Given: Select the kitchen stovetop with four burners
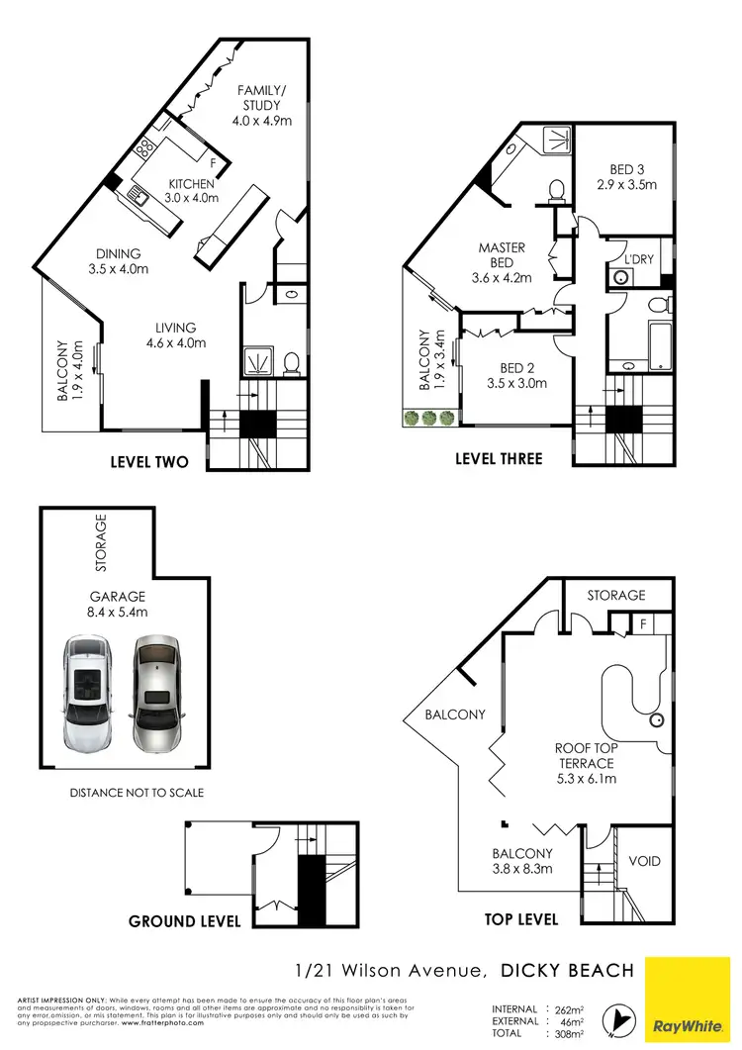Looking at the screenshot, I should pyautogui.click(x=145, y=148).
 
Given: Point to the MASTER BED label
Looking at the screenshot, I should pyautogui.click(x=502, y=262).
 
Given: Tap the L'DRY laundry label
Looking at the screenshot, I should pyautogui.click(x=638, y=259).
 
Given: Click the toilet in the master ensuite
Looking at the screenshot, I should pyautogui.click(x=556, y=188).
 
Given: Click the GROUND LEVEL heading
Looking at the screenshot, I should pyautogui.click(x=184, y=921).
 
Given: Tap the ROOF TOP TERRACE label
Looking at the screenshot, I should pyautogui.click(x=584, y=764).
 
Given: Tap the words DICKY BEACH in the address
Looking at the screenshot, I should pyautogui.click(x=567, y=971).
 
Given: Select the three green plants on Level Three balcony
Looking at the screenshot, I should pyautogui.click(x=428, y=418).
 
